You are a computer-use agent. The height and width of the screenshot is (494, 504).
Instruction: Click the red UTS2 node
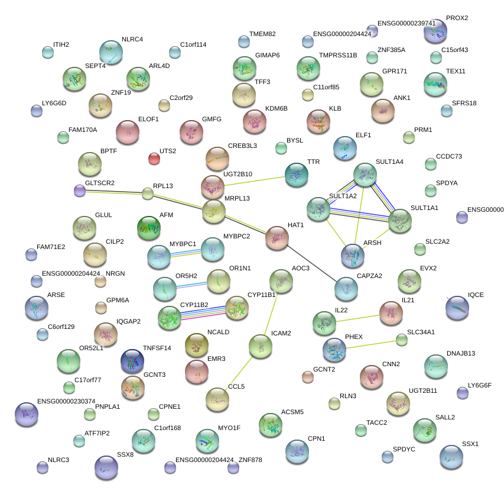[x=154, y=159]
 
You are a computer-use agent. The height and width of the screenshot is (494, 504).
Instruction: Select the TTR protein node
[x=296, y=174]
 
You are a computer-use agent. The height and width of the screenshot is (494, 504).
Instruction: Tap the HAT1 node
[x=277, y=237]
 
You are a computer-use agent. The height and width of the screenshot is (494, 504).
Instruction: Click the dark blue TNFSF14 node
[x=132, y=360]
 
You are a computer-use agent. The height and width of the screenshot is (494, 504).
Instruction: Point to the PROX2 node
[x=435, y=31]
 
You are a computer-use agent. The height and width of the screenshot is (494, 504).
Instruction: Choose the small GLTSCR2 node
[x=80, y=190]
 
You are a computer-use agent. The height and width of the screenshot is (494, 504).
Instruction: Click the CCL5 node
[x=217, y=400]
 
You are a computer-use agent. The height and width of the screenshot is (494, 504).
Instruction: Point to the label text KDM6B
[x=277, y=109]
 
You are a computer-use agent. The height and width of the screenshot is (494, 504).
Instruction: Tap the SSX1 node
[x=451, y=456]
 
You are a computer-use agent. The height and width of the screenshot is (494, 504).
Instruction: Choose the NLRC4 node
[x=111, y=52]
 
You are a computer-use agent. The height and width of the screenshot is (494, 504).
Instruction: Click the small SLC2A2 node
[x=420, y=249]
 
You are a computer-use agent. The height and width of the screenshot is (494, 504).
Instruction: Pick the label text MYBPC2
[x=236, y=237]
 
